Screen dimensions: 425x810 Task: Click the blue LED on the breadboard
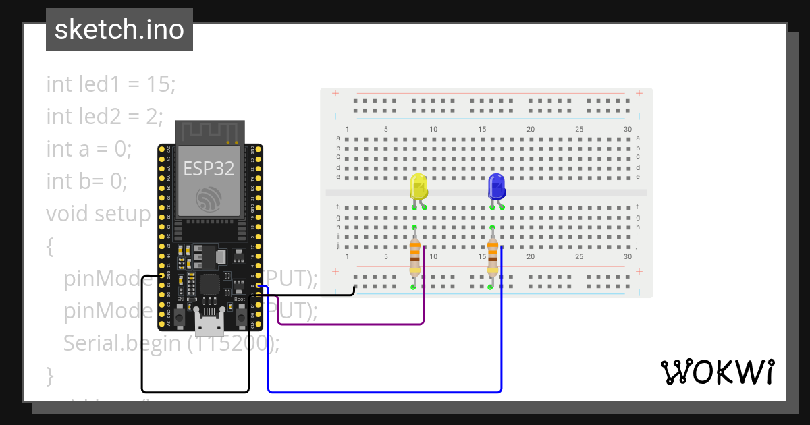pyautogui.click(x=497, y=186)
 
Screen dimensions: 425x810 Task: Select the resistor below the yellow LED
pyautogui.click(x=414, y=258)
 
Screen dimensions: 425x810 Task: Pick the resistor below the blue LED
pyautogui.click(x=493, y=258)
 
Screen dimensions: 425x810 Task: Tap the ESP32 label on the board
pyautogui.click(x=209, y=169)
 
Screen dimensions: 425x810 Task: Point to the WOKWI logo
pyautogui.click(x=716, y=372)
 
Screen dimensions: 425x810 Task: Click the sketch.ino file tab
pyautogui.click(x=119, y=30)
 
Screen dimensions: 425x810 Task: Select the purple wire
pyautogui.click(x=351, y=324)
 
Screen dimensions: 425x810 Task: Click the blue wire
pyautogui.click(x=385, y=391)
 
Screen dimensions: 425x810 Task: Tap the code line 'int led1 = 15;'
pyautogui.click(x=111, y=84)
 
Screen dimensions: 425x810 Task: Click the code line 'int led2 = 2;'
pyautogui.click(x=105, y=117)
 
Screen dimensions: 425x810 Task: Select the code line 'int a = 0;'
pyautogui.click(x=88, y=149)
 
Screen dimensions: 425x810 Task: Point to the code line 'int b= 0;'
pyautogui.click(x=86, y=181)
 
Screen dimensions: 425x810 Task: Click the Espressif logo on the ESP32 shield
pyautogui.click(x=209, y=198)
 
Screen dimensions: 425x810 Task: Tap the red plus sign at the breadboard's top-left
pyautogui.click(x=335, y=93)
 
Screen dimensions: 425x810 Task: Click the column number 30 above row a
pyautogui.click(x=628, y=129)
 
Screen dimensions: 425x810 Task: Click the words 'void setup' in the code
pyautogui.click(x=97, y=214)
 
